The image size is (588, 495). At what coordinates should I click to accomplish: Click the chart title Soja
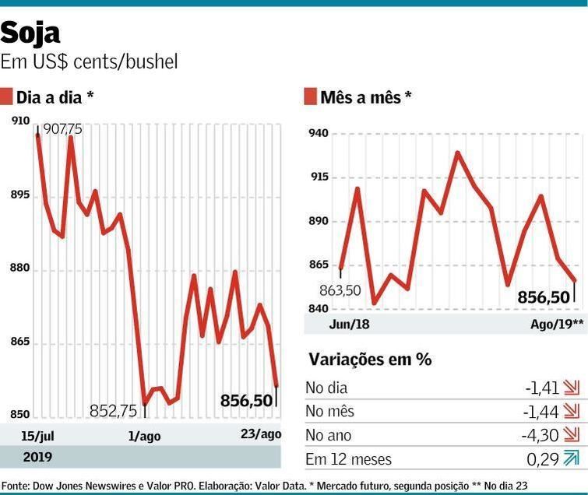[x=30, y=33]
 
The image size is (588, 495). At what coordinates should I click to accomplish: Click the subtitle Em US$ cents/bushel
[x=89, y=61]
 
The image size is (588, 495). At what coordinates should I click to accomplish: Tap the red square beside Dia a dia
[x=6, y=97]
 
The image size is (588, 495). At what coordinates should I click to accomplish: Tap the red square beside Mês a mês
[x=310, y=97]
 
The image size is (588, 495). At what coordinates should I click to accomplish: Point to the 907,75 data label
[x=62, y=128]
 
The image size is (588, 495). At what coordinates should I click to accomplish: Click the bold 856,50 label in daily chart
[x=246, y=400]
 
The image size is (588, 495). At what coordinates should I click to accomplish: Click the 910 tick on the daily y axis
[x=20, y=121]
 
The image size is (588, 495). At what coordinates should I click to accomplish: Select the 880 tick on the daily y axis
[x=20, y=269]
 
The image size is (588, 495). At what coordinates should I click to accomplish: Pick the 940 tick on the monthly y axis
[x=319, y=134]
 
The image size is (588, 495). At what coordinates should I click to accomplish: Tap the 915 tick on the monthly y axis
[x=319, y=177]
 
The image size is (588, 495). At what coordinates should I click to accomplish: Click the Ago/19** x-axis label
[x=552, y=324]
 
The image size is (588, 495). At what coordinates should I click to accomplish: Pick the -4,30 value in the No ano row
[x=541, y=435]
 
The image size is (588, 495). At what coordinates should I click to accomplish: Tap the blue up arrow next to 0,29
[x=572, y=459]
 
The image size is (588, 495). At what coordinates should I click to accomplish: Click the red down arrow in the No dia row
[x=572, y=388]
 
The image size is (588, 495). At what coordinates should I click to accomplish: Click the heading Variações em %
[x=370, y=359]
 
